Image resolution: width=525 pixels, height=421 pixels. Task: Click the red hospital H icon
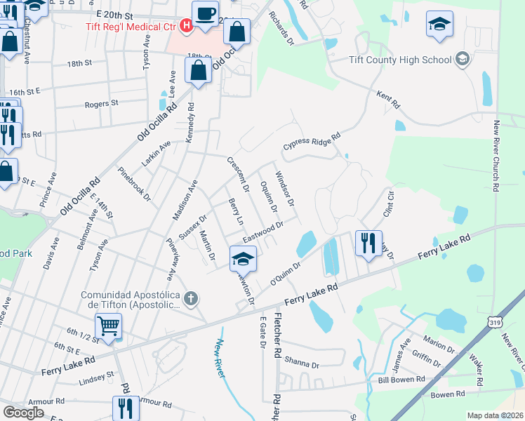pyautogui.click(x=186, y=27)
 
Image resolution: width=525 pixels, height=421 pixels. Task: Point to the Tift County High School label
pyautogui.click(x=401, y=60)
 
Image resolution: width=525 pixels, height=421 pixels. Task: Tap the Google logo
pyautogui.click(x=23, y=413)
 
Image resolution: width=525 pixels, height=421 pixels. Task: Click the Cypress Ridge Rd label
pyautogui.click(x=312, y=141)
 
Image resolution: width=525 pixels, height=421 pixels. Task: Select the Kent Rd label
pyautogui.click(x=387, y=100)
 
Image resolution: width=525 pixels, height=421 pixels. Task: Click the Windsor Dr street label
pyautogui.click(x=284, y=187)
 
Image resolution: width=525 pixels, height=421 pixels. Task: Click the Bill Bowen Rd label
pyautogui.click(x=401, y=379)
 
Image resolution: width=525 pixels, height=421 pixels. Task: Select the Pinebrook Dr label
pyautogui.click(x=134, y=183)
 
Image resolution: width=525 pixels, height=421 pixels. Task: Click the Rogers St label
pyautogui.click(x=101, y=104)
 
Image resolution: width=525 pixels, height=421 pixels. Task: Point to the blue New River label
pyautogui.click(x=220, y=359)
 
